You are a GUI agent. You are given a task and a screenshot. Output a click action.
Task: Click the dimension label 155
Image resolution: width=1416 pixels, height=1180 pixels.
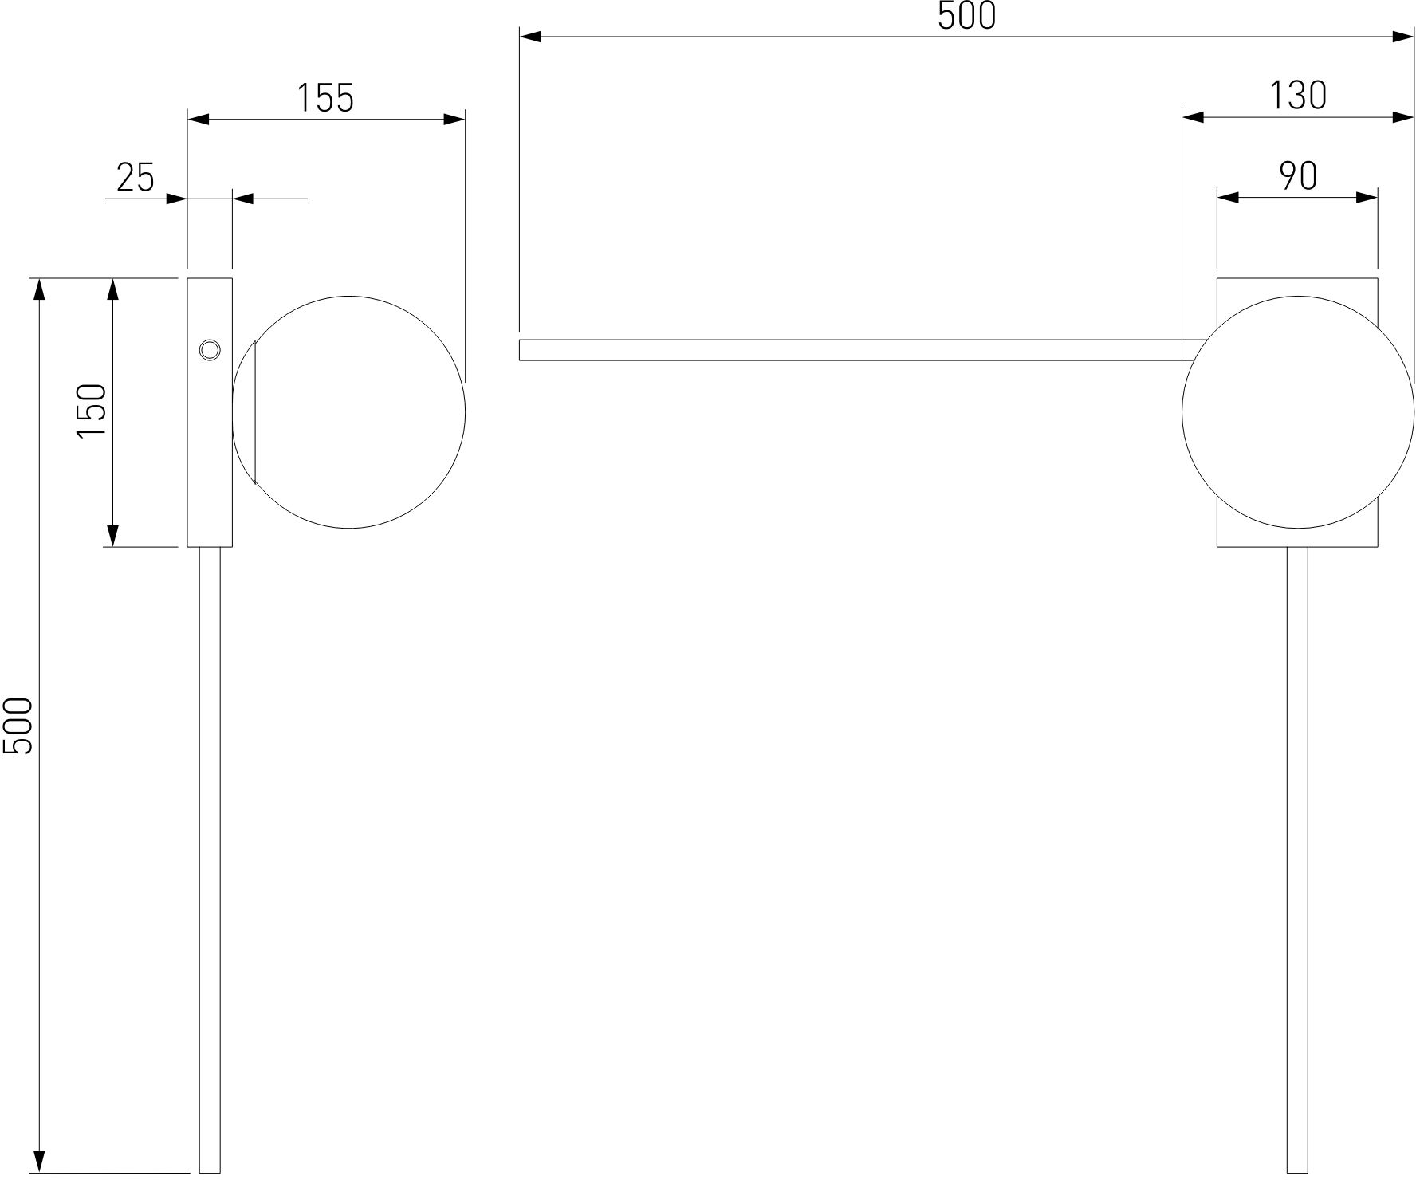325,98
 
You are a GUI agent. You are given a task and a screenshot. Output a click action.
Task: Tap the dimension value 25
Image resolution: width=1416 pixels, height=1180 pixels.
136,177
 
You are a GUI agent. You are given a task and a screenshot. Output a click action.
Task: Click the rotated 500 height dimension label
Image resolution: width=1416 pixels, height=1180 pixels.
18,726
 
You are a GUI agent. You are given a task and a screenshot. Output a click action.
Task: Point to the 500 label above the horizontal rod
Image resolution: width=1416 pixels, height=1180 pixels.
967,16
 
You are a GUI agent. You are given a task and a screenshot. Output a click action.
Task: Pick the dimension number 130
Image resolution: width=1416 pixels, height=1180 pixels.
1298,96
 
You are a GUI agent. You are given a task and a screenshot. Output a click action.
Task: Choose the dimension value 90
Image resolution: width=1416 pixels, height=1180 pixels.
1298,176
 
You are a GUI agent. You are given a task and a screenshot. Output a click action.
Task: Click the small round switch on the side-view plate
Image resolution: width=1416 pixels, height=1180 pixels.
209,349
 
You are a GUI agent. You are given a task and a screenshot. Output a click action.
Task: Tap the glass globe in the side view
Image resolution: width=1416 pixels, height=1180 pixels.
349,412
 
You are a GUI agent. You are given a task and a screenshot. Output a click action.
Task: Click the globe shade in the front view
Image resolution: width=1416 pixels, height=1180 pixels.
1298,412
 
